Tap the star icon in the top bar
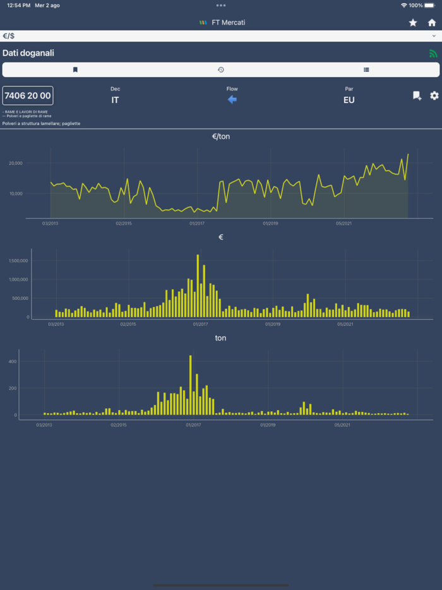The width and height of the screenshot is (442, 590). click(413, 23)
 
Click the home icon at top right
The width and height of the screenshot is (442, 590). click(432, 23)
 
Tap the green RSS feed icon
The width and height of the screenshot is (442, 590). click(433, 54)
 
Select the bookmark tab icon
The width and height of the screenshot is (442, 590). click(75, 69)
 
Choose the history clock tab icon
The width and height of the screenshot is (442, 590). click(221, 69)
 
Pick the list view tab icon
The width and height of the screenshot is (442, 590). click(366, 69)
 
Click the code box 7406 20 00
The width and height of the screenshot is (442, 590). click(28, 95)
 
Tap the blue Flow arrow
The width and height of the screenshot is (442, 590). click(232, 100)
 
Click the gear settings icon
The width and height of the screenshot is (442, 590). click(434, 95)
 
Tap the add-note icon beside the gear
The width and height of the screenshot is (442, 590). click(417, 95)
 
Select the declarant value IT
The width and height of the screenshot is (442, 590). click(115, 100)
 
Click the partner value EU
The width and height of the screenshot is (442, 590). click(349, 100)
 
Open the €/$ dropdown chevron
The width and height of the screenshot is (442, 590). click(433, 36)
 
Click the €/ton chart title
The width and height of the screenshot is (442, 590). click(221, 136)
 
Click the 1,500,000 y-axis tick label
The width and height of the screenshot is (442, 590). click(19, 260)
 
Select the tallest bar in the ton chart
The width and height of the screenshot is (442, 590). click(191, 385)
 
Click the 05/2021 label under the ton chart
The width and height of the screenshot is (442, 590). click(342, 425)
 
